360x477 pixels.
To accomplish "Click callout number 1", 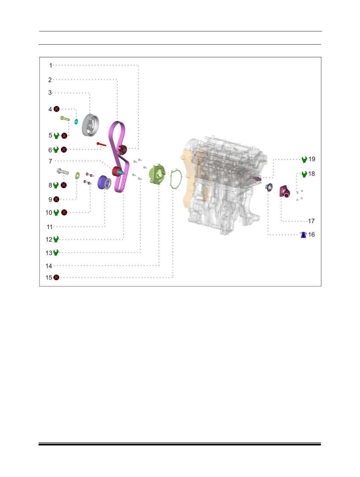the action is click(x=51, y=65).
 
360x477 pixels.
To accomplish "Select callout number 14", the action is click(x=49, y=266).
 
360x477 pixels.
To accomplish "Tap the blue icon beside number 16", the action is click(x=303, y=235).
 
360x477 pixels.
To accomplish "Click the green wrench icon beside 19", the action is click(x=304, y=159).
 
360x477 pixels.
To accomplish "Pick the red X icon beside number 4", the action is click(x=57, y=109).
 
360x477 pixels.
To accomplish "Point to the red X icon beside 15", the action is click(x=56, y=277).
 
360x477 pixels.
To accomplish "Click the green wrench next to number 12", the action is click(x=56, y=239).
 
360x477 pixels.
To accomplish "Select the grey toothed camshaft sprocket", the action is click(x=90, y=125).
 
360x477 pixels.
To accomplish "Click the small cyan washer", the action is click(x=76, y=122).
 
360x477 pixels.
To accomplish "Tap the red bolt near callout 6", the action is click(x=101, y=144).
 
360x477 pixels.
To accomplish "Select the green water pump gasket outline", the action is click(x=176, y=179).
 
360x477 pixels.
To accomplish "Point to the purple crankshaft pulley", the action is click(x=104, y=182).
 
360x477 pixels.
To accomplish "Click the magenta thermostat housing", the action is click(x=285, y=192).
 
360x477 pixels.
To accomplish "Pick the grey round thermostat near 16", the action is click(x=269, y=187).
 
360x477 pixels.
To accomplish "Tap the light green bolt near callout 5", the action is click(x=65, y=119).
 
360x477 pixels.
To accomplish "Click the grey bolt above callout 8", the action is click(x=63, y=171).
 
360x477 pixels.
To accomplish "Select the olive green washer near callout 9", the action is click(x=77, y=176).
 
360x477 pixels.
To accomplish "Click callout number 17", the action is click(x=311, y=221).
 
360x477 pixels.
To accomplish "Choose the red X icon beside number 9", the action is click(x=56, y=199).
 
